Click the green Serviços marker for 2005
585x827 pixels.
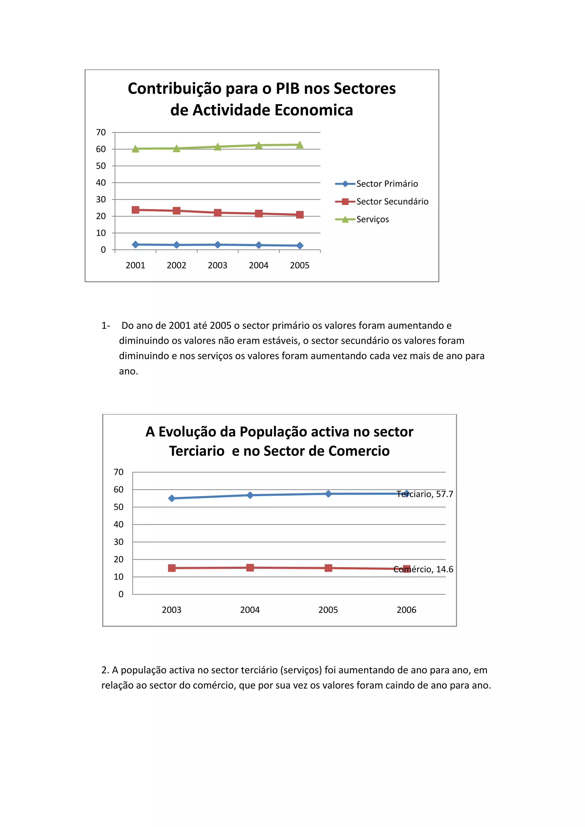tap(300, 145)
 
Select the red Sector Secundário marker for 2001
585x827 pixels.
tap(135, 210)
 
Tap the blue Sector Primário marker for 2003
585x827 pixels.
tap(218, 244)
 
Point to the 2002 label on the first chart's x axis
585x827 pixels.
tap(177, 266)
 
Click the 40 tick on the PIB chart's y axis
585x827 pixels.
tap(101, 182)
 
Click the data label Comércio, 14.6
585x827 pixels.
tap(423, 569)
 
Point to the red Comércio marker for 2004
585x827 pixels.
tap(250, 568)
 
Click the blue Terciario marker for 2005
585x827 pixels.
tap(328, 494)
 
